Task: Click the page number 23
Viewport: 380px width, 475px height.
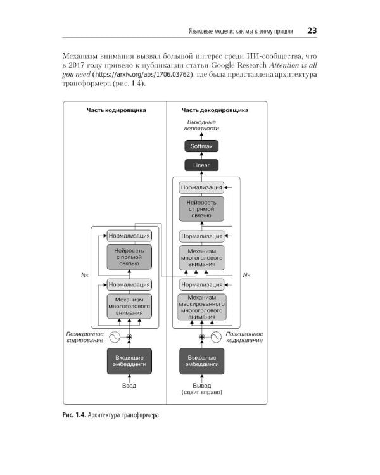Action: [x=312, y=31]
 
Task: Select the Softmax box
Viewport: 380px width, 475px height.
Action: [x=201, y=146]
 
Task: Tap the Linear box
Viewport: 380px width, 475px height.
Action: [x=201, y=165]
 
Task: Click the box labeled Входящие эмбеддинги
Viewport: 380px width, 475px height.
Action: [x=129, y=361]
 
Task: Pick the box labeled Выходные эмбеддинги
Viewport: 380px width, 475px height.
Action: [x=201, y=361]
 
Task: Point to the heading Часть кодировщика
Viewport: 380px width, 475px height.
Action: [x=117, y=110]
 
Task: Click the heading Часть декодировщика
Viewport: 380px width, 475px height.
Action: [x=215, y=110]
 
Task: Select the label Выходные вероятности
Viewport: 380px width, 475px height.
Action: [x=201, y=125]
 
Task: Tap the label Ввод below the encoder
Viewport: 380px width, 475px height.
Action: [x=129, y=386]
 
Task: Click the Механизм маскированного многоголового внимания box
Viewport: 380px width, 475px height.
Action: [x=201, y=306]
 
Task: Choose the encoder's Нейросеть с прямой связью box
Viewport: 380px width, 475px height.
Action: [x=129, y=258]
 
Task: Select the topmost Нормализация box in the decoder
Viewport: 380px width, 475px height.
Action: [x=201, y=187]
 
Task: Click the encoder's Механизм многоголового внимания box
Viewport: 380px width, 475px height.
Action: [x=129, y=306]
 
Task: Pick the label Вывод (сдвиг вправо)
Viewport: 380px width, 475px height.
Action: [x=201, y=389]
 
